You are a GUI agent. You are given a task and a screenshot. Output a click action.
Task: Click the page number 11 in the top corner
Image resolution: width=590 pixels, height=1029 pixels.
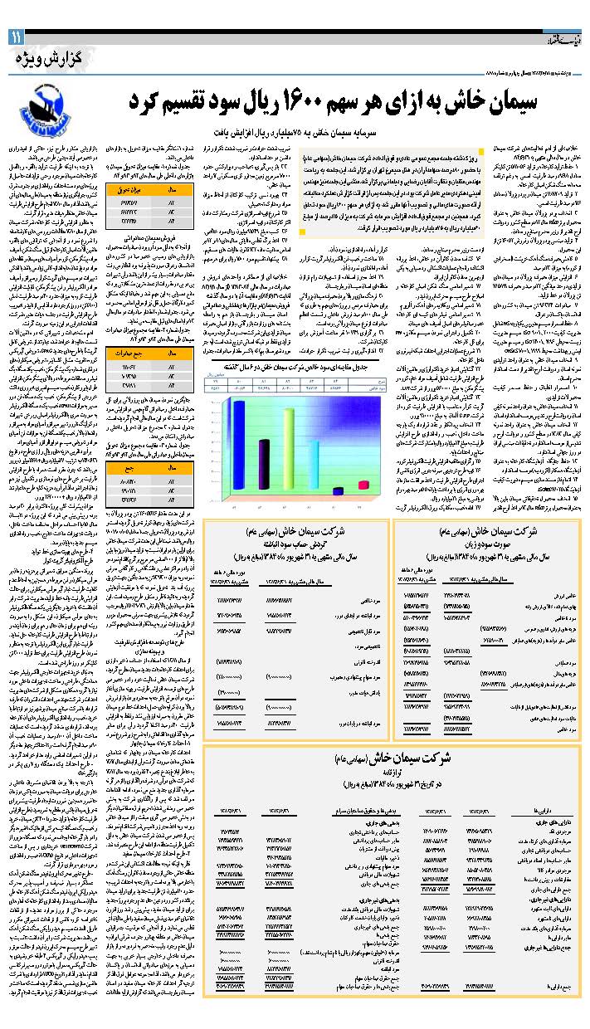point(17,37)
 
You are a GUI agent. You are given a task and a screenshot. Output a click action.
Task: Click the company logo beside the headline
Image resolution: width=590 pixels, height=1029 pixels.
point(45,107)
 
